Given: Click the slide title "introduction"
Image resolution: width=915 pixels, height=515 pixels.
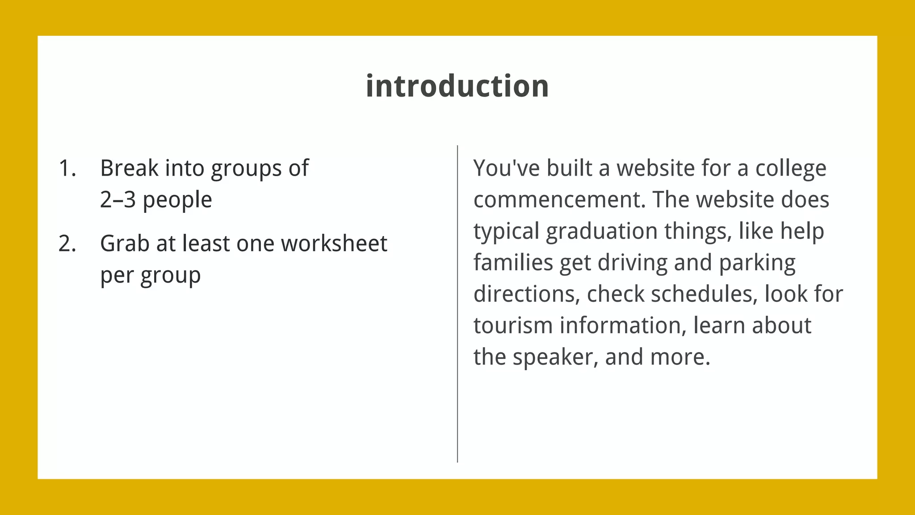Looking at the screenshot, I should point(457,86).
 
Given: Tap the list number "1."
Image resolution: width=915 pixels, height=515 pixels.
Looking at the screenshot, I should point(67,169).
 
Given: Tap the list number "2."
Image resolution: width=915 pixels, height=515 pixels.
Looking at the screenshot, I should point(67,244).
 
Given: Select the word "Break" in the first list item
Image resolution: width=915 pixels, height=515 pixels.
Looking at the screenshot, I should point(129,169).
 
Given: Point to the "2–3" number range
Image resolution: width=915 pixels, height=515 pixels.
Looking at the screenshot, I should point(118,200).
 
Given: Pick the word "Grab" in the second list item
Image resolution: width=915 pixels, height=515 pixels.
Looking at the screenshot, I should point(125,244).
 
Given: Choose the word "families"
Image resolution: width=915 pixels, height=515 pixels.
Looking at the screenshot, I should point(513,262).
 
